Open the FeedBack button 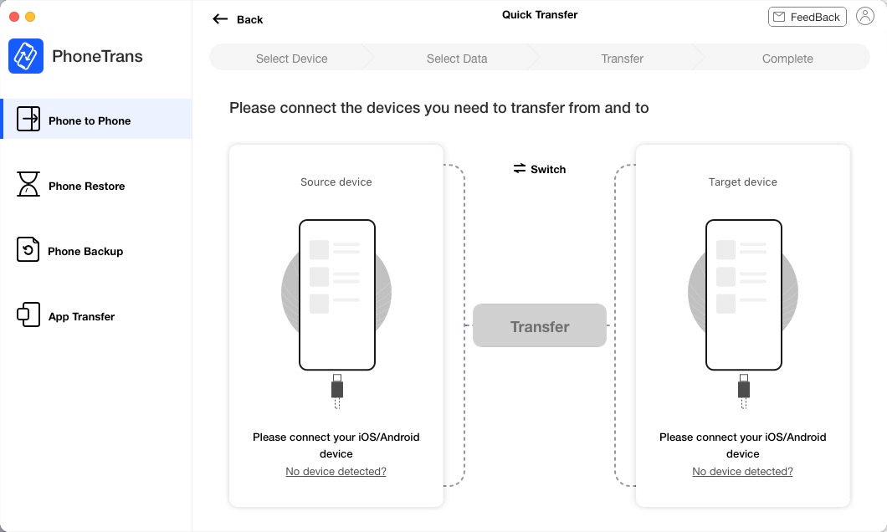pyautogui.click(x=807, y=17)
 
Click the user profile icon pyautogui.click(x=865, y=17)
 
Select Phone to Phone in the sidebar pyautogui.click(x=90, y=120)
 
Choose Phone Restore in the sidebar pyautogui.click(x=86, y=186)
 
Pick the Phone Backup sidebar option pyautogui.click(x=85, y=251)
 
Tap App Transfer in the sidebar pyautogui.click(x=81, y=316)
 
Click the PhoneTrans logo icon pyautogui.click(x=26, y=56)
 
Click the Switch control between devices pyautogui.click(x=540, y=169)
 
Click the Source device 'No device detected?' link pyautogui.click(x=336, y=472)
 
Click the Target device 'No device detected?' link pyautogui.click(x=742, y=472)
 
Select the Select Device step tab pyautogui.click(x=291, y=59)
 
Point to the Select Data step pyautogui.click(x=457, y=59)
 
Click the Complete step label pyautogui.click(x=787, y=59)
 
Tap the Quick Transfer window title pyautogui.click(x=540, y=14)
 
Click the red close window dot pyautogui.click(x=13, y=17)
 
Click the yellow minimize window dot pyautogui.click(x=30, y=17)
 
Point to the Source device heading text pyautogui.click(x=336, y=182)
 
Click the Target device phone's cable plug pyautogui.click(x=743, y=389)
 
